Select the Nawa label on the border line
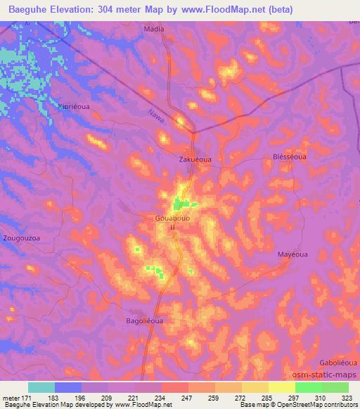pos(156,116)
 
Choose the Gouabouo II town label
pos(172,222)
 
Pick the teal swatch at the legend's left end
pos(41,387)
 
